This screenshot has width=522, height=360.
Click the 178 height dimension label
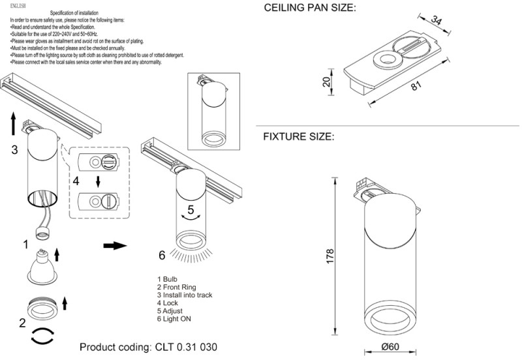(x=330, y=256)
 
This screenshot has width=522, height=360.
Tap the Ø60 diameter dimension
(x=390, y=347)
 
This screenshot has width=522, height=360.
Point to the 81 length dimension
(x=416, y=86)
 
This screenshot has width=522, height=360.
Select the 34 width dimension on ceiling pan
(x=436, y=20)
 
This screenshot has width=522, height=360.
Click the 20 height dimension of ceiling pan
(x=327, y=82)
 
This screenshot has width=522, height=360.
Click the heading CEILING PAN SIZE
(x=309, y=8)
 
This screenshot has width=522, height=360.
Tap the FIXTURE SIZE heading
(x=299, y=136)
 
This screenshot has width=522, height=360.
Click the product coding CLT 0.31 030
(x=149, y=347)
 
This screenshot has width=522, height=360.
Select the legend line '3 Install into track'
(x=185, y=295)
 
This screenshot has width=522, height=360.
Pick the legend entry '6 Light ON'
(x=174, y=319)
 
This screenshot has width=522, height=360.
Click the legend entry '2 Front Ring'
(x=177, y=287)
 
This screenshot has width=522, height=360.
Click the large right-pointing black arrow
(x=115, y=246)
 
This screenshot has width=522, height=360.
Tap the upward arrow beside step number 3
(x=13, y=123)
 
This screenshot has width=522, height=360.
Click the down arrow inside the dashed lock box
(x=97, y=182)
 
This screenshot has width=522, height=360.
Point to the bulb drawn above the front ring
(x=42, y=267)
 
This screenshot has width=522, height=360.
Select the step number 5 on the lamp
(x=191, y=209)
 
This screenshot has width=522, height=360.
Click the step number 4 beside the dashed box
(x=76, y=181)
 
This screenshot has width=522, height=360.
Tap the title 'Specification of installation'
(x=74, y=13)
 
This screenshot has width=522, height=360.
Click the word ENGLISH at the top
(x=18, y=6)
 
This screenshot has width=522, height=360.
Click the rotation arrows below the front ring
(x=42, y=335)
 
